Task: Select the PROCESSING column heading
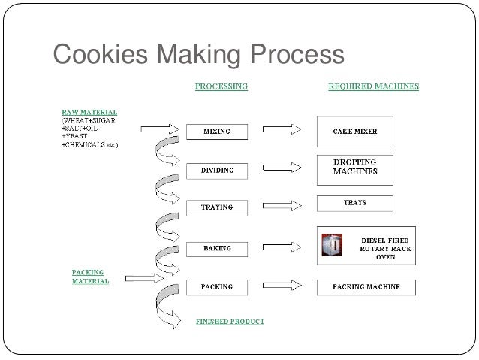[221, 86]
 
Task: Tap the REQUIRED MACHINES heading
[374, 86]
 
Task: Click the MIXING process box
[218, 132]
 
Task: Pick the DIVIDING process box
[216, 171]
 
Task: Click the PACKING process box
[216, 286]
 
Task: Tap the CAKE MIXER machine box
[355, 132]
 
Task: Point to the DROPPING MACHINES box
[355, 167]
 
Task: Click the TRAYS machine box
[355, 203]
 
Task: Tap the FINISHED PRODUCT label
[230, 322]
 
